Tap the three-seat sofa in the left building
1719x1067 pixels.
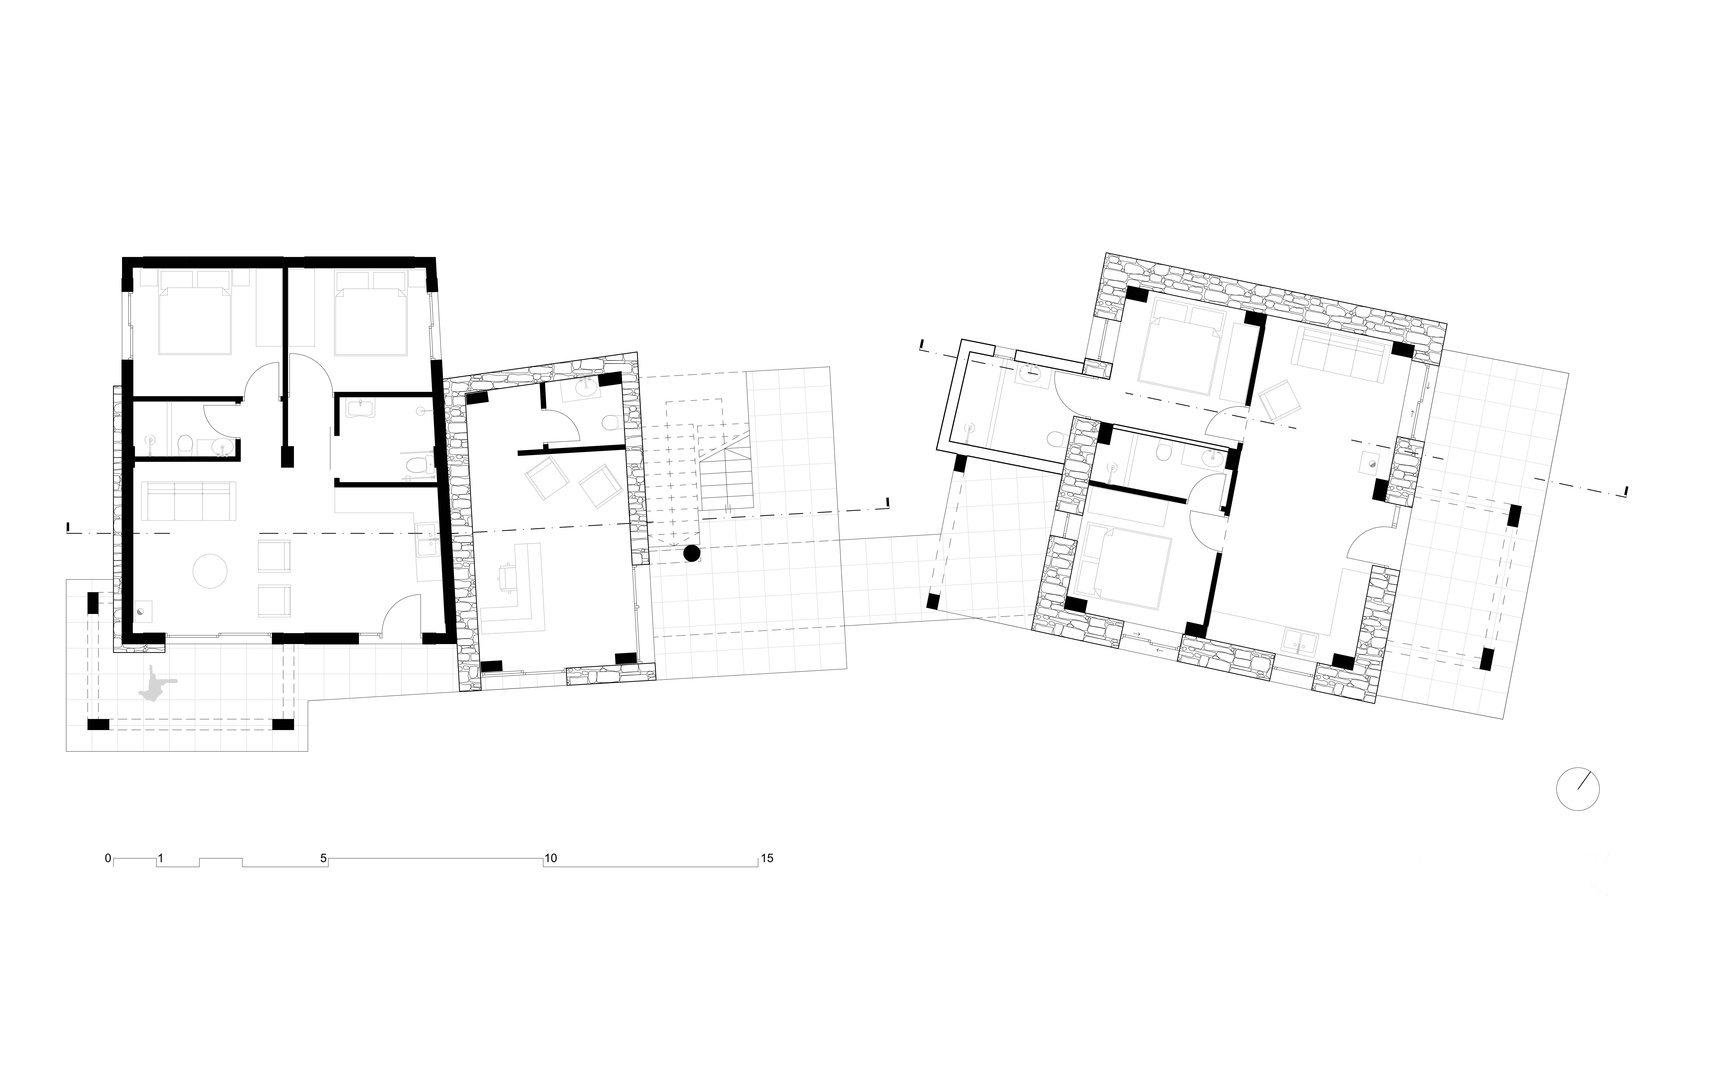point(188,500)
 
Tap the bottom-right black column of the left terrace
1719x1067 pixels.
point(283,724)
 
